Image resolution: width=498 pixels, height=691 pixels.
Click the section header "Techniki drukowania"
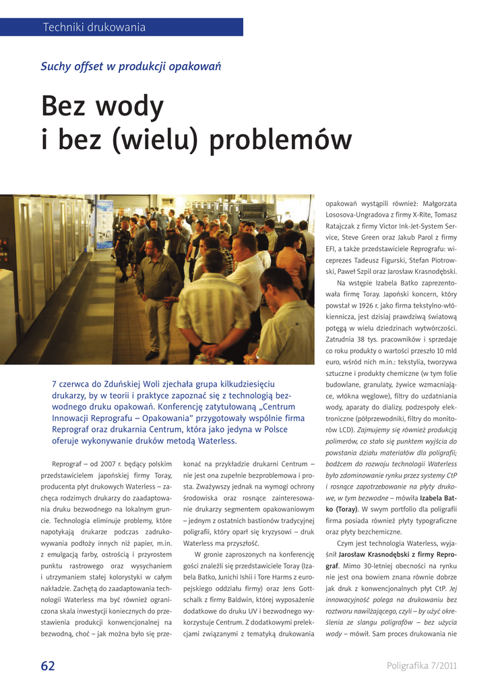(94, 28)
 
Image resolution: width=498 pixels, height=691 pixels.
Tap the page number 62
(48, 666)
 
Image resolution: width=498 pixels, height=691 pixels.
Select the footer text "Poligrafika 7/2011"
(422, 666)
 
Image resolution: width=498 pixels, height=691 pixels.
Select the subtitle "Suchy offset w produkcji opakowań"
(131, 66)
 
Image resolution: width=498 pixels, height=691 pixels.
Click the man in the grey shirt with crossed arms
(157, 283)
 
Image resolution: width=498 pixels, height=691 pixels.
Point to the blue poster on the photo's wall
(104, 224)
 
